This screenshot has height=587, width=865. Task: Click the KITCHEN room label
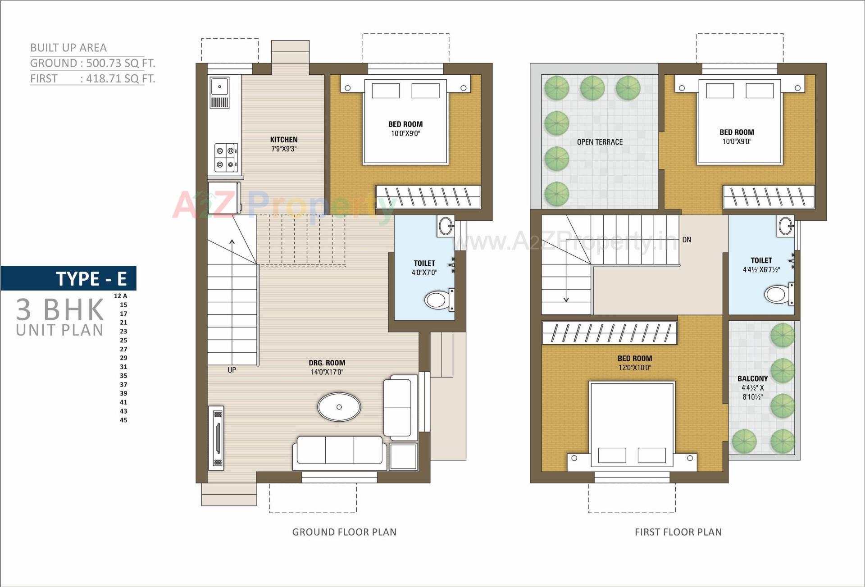pos(284,140)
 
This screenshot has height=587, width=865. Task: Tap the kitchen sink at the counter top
pos(219,87)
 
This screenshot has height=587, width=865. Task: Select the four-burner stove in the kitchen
pos(226,158)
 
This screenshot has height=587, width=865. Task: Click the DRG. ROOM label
pos(327,363)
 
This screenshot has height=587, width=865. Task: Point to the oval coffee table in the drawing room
pos(339,407)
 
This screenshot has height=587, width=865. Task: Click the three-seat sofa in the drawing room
pos(340,452)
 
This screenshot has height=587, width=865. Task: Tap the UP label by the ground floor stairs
pos(232,370)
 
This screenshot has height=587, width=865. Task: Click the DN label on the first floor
pos(686,240)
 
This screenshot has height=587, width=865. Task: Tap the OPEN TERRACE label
pos(600,142)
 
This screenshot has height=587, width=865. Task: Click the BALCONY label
pos(752,379)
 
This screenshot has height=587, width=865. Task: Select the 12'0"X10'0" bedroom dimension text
pos(634,368)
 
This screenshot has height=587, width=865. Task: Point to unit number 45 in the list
pos(123,420)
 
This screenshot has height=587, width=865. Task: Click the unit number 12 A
pos(120,296)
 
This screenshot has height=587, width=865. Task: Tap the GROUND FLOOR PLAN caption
pos(344,532)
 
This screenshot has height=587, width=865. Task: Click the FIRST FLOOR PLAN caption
pos(678,532)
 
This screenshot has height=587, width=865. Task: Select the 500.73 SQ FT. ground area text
pos(120,63)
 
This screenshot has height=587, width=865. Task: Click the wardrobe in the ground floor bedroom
pos(428,197)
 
